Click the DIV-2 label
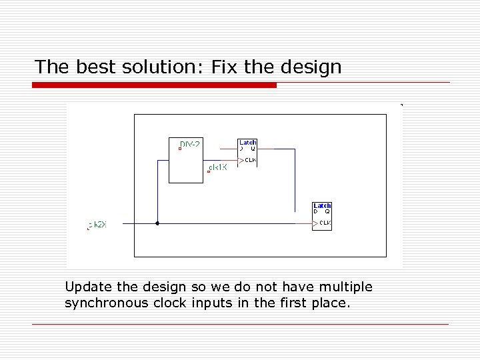tap(191, 143)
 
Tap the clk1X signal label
tap(218, 167)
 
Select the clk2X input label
tap(97, 225)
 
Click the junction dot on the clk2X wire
tap(157, 223)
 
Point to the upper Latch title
tap(248, 142)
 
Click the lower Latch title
tap(322, 205)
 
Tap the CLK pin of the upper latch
tap(250, 160)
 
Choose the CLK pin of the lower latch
tap(325, 223)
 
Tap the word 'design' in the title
tap(311, 67)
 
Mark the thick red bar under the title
tap(154, 85)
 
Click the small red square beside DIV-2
tap(180, 149)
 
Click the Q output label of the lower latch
tap(327, 212)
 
